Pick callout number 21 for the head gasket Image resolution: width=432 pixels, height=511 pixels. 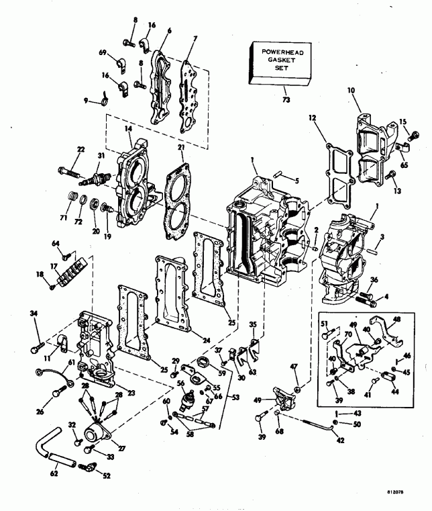click(181, 148)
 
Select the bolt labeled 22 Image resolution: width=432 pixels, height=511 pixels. click(72, 165)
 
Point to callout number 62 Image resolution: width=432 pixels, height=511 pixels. click(54, 473)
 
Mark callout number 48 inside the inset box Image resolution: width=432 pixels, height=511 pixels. click(396, 320)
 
